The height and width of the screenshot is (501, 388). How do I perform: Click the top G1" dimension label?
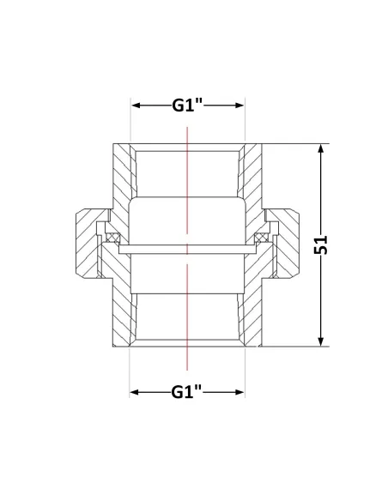[188, 106]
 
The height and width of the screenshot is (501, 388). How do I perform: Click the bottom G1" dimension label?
[187, 392]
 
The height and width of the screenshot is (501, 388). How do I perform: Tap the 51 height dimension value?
[321, 244]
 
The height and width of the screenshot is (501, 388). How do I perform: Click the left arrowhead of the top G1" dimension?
[136, 106]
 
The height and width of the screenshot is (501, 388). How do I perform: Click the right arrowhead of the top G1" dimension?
[239, 106]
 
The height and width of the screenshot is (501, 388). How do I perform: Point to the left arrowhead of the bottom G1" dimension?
[135, 392]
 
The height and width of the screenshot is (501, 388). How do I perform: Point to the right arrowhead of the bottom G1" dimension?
[239, 392]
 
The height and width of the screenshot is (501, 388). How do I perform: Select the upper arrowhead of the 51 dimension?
[321, 149]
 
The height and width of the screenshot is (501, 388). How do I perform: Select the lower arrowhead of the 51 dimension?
[321, 341]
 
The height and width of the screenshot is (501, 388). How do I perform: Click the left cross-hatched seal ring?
[112, 238]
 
